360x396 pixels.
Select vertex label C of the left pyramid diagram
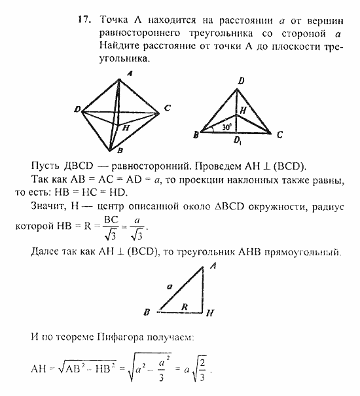click(168, 108)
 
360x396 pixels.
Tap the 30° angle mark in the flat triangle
click(226, 126)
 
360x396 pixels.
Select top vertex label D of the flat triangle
click(242, 81)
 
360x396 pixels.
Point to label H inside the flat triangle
click(243, 111)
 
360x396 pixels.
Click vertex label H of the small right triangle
click(208, 314)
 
